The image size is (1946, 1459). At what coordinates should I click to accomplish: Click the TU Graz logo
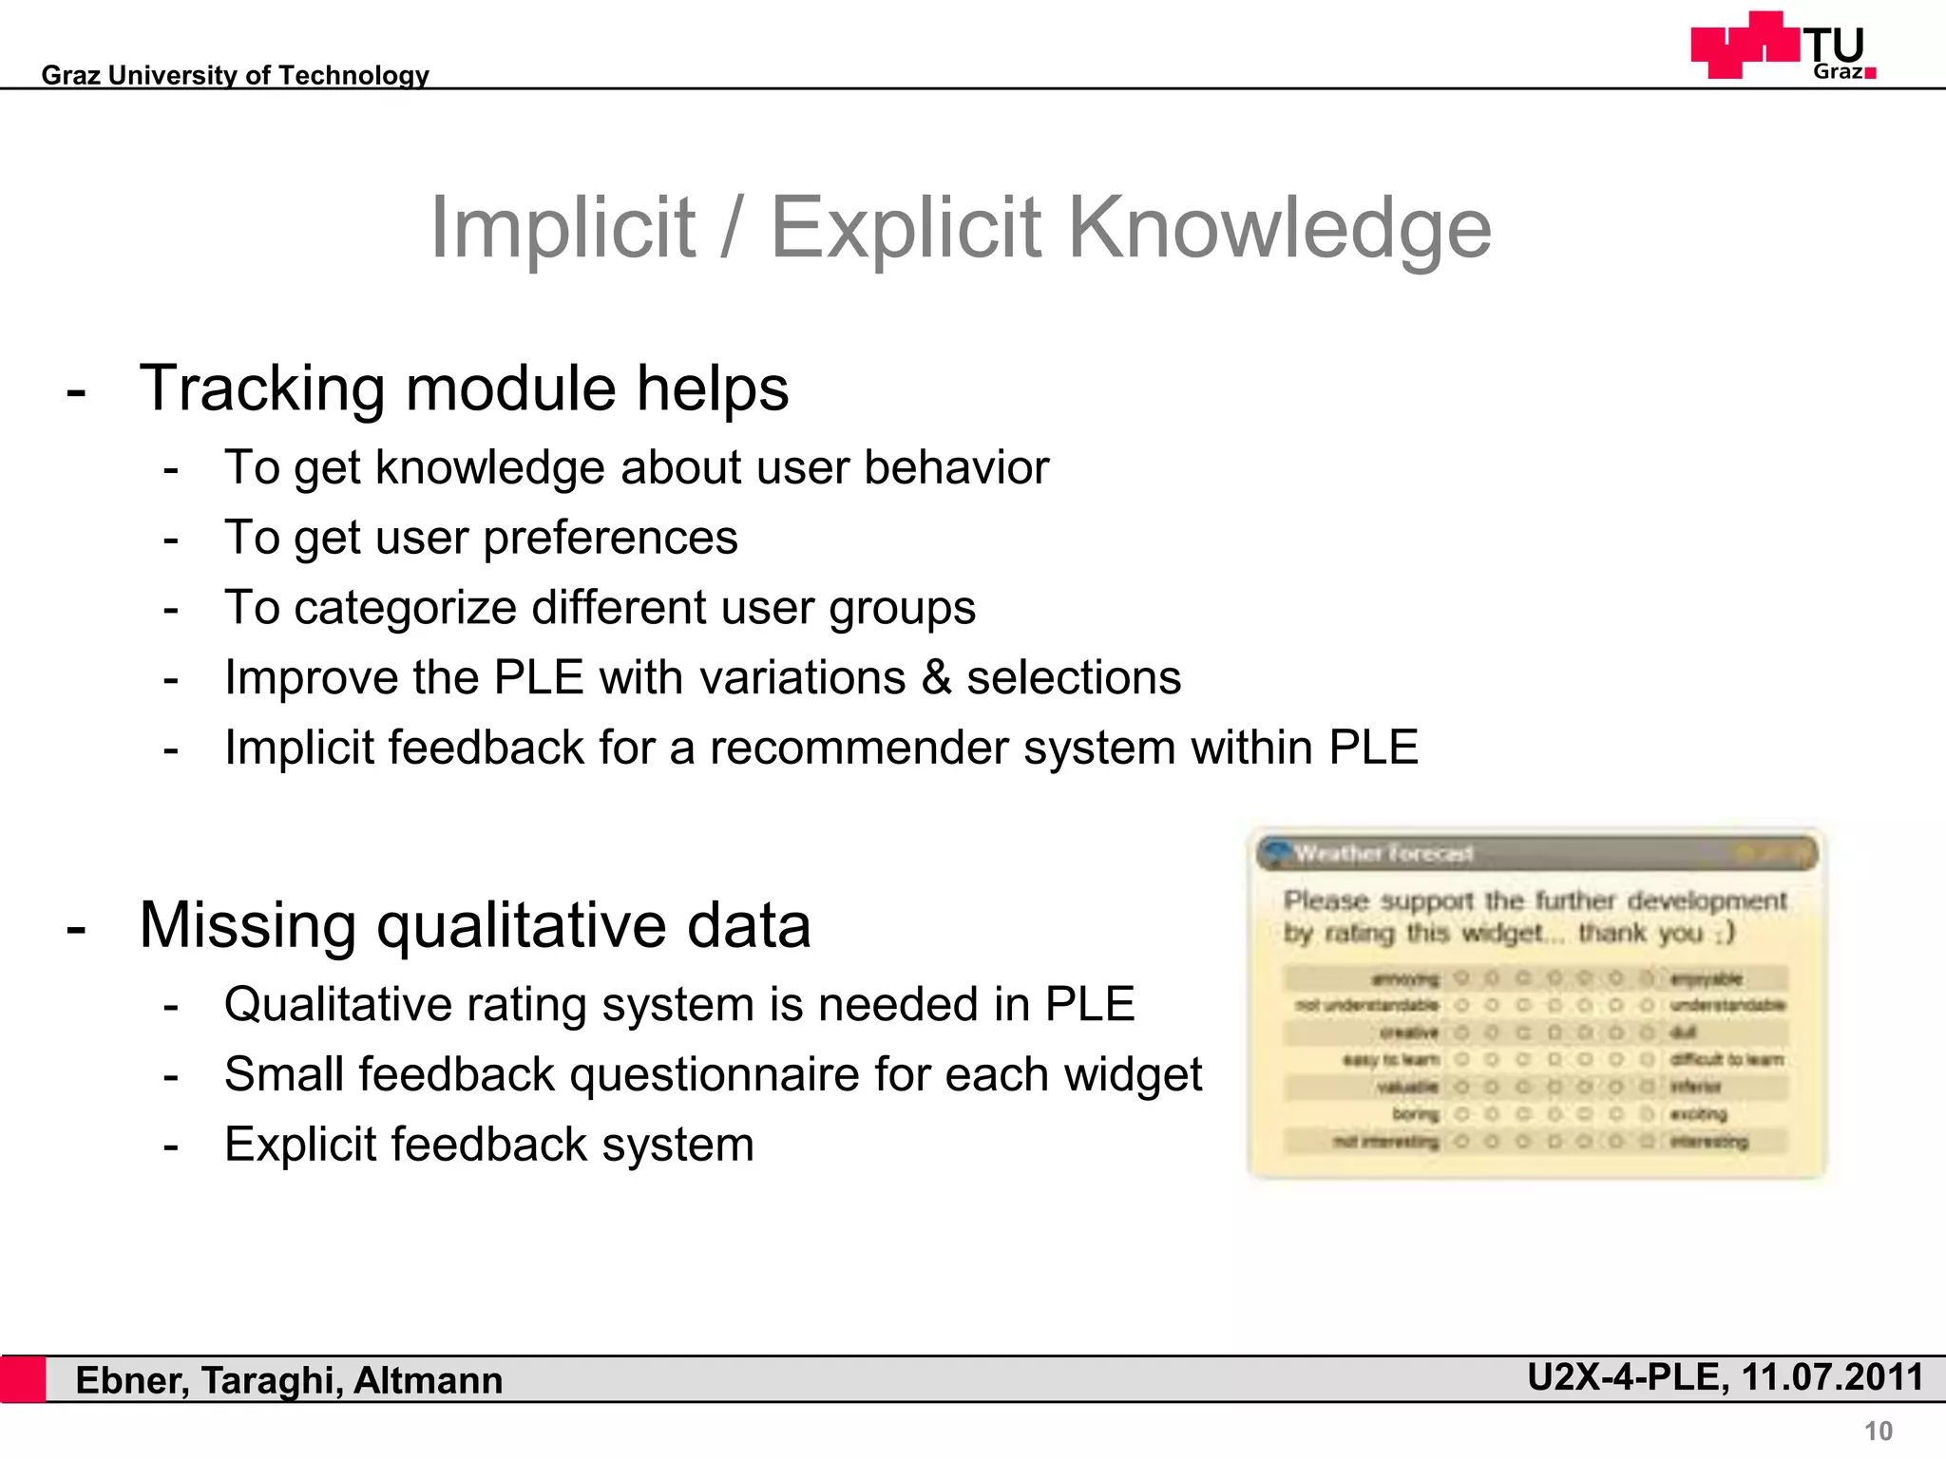1783,46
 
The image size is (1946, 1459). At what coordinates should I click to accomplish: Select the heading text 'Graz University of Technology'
235,75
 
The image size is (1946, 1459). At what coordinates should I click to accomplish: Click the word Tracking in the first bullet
261,389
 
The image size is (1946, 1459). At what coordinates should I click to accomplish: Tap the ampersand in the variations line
936,678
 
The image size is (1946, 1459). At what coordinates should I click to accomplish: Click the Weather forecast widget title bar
1536,853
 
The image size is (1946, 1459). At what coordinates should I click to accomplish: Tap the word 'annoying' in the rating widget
1405,978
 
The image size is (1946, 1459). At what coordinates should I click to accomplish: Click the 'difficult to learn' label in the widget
1727,1059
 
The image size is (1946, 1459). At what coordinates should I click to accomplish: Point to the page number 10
1878,1431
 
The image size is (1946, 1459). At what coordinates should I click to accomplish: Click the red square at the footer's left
23,1379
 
